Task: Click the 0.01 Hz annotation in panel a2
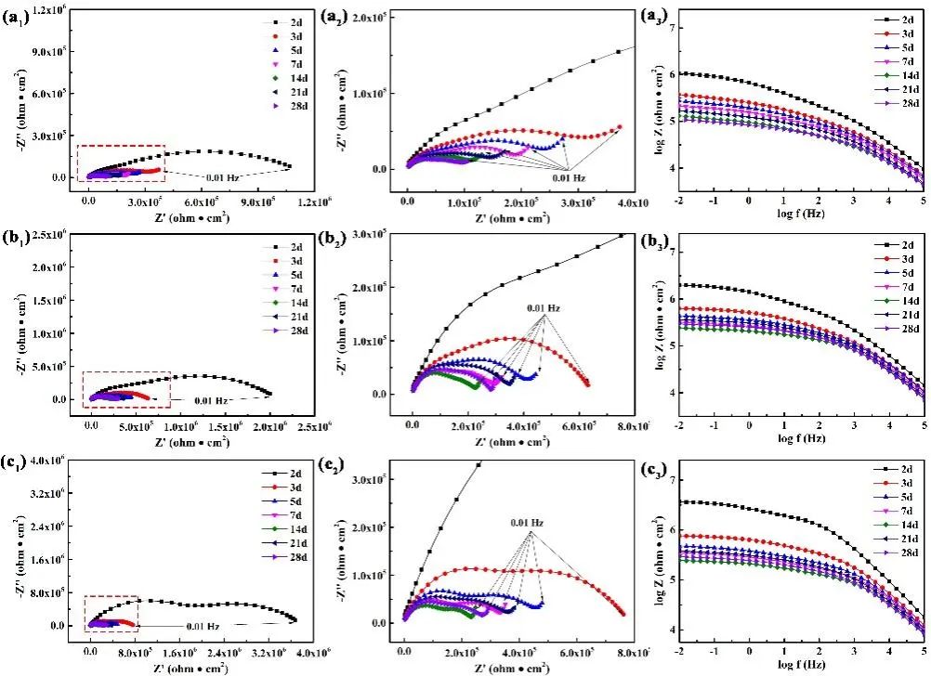click(567, 176)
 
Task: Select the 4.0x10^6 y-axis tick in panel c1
click(51, 461)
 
